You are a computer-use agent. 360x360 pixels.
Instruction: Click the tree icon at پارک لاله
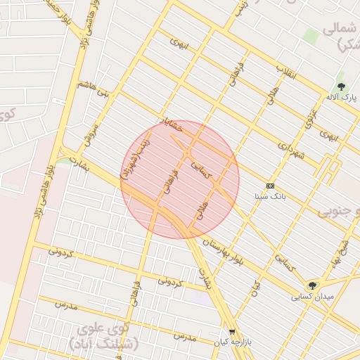tap(341, 86)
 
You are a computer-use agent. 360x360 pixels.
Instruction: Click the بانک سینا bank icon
tap(270, 186)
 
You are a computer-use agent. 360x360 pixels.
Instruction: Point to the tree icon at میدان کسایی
tap(311, 285)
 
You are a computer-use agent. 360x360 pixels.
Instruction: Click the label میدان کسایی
tap(311, 297)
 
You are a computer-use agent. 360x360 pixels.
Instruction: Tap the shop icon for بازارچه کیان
tap(233, 330)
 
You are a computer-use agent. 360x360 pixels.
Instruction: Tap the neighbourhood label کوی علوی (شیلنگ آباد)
tap(105, 335)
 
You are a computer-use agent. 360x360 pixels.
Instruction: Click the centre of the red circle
tap(180, 179)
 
